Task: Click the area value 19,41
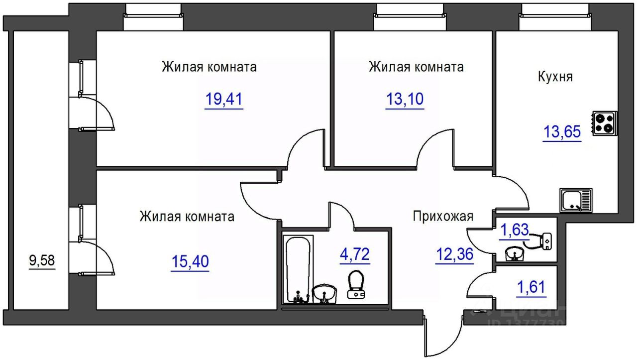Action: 224,99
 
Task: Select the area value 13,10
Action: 405,99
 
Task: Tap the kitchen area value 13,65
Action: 562,132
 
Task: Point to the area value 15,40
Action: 190,261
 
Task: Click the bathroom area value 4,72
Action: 355,254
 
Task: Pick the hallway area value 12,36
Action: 454,254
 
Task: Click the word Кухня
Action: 555,77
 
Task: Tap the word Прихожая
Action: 443,217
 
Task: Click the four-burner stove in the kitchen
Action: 605,123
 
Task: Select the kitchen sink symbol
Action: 576,200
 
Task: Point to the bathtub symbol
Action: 298,269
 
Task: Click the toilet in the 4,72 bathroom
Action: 356,284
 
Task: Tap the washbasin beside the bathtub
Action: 324,293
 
